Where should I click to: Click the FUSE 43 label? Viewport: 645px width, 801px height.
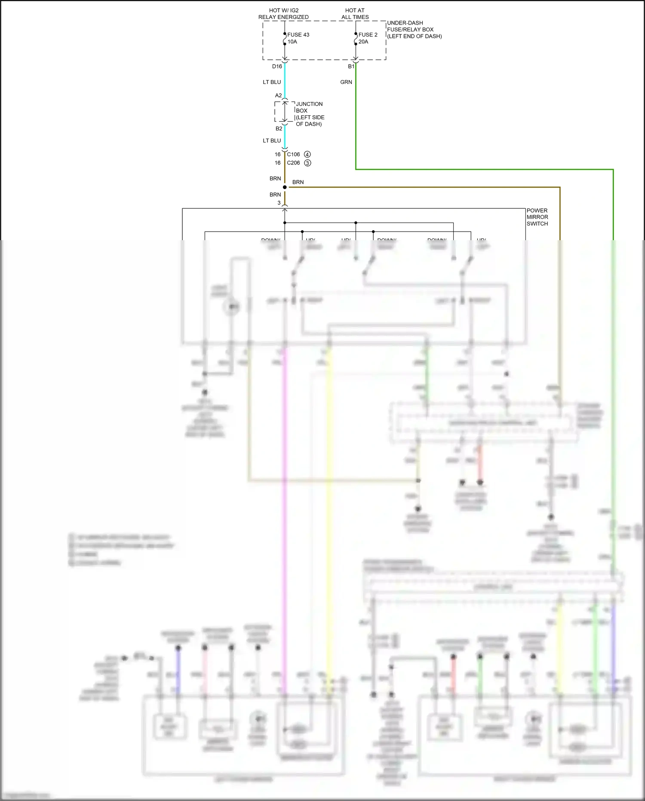[x=298, y=35]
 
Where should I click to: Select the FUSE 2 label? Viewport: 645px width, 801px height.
[x=368, y=35]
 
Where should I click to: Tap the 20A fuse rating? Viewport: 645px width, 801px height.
[x=363, y=42]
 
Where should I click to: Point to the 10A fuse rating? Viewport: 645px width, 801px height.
[x=292, y=42]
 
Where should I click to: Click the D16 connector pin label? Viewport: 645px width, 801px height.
[x=277, y=66]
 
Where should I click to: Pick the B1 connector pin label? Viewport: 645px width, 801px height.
[x=351, y=66]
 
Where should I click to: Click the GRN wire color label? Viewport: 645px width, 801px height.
[x=346, y=82]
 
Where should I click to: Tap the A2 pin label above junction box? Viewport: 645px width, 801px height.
[x=278, y=96]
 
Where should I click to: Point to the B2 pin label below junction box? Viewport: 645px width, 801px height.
[x=279, y=129]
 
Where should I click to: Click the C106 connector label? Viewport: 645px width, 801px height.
[x=293, y=155]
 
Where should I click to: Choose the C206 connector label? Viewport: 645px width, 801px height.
[x=293, y=163]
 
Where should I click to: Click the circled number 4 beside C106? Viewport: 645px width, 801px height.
[x=307, y=155]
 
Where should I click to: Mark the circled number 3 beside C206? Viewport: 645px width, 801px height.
[x=307, y=163]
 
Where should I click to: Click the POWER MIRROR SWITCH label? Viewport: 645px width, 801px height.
[x=537, y=217]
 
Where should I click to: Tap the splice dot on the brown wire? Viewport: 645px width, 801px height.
[x=285, y=187]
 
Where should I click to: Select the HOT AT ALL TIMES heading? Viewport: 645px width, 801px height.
[x=355, y=14]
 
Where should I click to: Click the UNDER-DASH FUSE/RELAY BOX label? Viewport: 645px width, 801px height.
[x=414, y=29]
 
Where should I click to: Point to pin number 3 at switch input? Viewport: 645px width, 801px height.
[x=279, y=203]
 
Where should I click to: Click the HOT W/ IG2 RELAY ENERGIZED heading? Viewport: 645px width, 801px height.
[x=283, y=14]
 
